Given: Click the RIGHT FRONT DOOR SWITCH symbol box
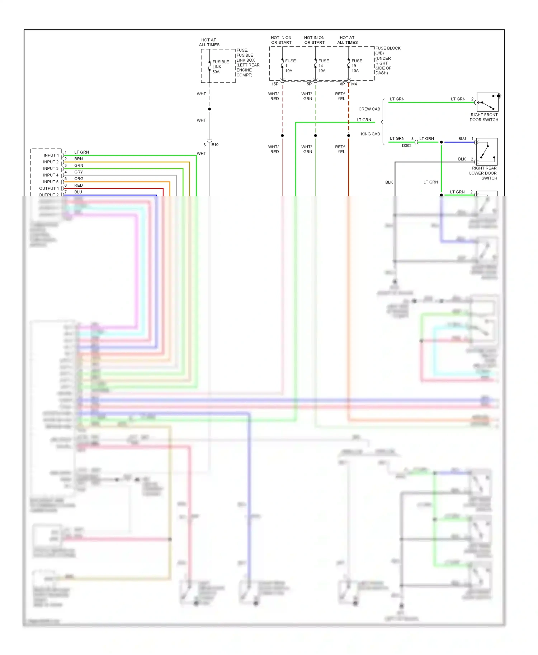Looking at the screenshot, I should (x=487, y=102).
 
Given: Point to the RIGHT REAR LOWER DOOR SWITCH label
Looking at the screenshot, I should (x=484, y=173).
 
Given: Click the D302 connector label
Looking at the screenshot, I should (x=406, y=146).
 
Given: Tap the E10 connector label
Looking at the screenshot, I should (x=215, y=145).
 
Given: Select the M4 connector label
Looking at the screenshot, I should (x=354, y=84).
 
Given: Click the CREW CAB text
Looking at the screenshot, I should (x=369, y=109).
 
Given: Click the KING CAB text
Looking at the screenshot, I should (x=370, y=134).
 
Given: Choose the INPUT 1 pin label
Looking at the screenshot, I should (x=51, y=155).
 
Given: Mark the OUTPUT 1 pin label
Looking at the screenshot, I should (x=49, y=188).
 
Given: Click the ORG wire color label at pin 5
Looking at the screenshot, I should (x=79, y=179).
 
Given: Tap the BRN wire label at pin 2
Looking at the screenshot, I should (x=79, y=159).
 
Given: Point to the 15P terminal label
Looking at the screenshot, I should (x=275, y=84).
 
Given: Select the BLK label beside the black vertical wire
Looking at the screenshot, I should (x=389, y=182).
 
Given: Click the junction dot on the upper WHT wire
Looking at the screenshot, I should (x=209, y=109).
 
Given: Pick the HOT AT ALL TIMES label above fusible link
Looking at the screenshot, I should (x=209, y=42).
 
